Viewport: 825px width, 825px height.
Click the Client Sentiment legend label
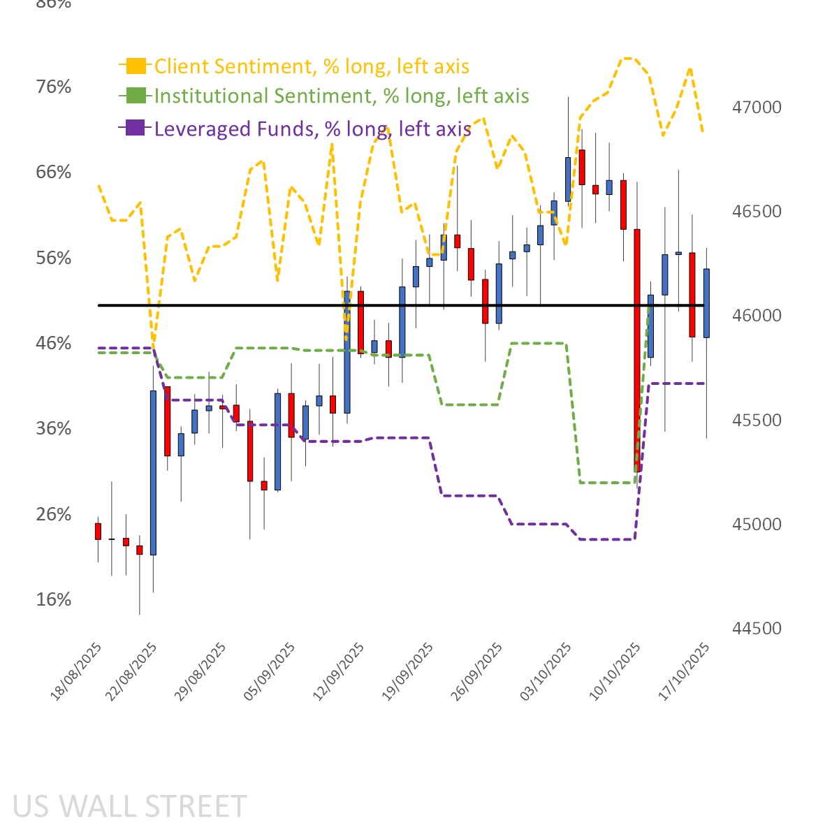(312, 66)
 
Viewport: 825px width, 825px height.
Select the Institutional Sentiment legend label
(342, 96)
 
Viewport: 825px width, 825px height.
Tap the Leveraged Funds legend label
(312, 129)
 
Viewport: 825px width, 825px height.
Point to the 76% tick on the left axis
(54, 87)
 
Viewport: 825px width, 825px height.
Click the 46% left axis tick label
(54, 343)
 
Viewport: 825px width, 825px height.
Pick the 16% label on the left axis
(54, 599)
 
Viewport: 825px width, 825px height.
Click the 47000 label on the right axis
(757, 108)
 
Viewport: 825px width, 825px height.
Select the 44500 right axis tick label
(757, 629)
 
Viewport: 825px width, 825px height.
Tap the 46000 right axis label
(757, 316)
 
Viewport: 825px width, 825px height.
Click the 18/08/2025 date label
(77, 671)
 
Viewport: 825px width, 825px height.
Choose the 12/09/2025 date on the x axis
(340, 671)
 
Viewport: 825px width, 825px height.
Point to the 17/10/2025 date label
(685, 671)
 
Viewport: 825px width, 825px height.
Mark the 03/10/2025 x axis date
(547, 671)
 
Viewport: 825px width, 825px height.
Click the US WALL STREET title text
(130, 806)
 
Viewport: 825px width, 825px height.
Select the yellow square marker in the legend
(136, 66)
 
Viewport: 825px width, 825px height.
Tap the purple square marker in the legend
(136, 128)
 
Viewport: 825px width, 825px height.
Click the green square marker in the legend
(136, 96)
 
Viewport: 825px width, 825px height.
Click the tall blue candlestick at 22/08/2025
(153, 472)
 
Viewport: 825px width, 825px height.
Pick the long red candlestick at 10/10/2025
(637, 349)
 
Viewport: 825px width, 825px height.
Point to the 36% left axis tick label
(54, 428)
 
